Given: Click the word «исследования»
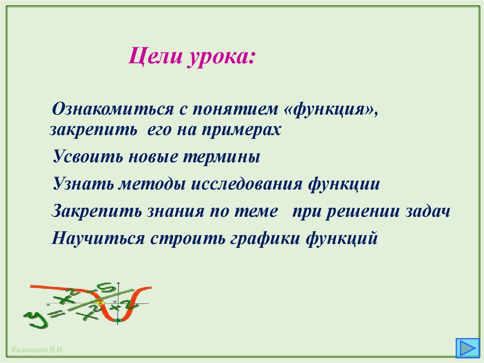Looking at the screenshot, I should coord(246,184).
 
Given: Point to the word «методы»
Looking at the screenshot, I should coord(151,184).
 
